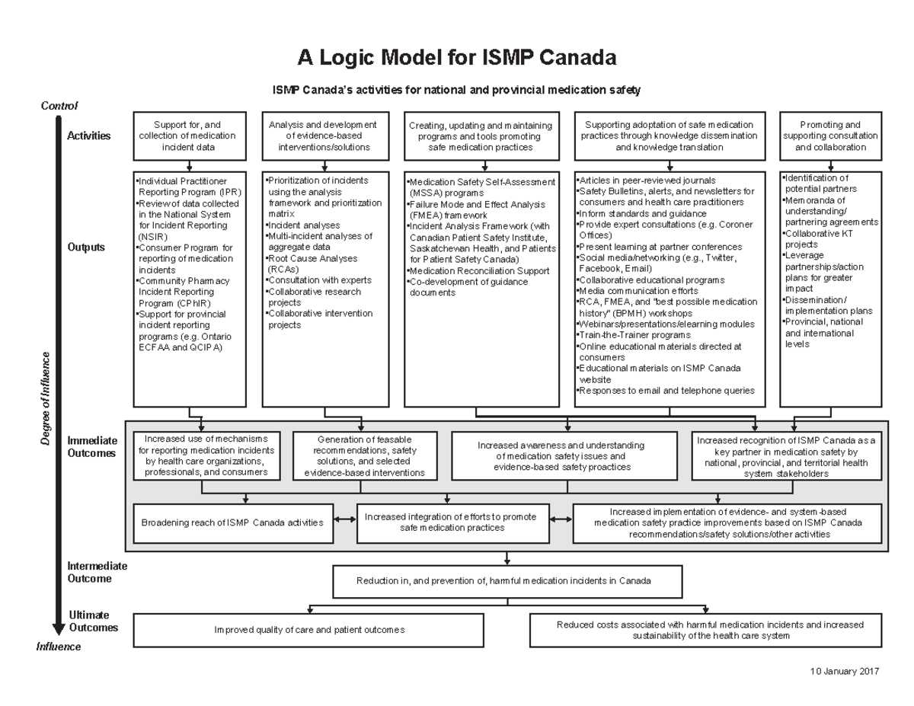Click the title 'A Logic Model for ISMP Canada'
click(456, 58)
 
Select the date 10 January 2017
click(845, 672)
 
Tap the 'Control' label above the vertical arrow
click(59, 107)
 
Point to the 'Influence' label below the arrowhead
click(59, 647)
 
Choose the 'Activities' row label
click(89, 136)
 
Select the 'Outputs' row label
click(86, 248)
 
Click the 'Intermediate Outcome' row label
click(97, 573)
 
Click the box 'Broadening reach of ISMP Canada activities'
click(232, 523)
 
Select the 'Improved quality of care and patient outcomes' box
click(308, 630)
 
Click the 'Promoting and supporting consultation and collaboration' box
click(830, 136)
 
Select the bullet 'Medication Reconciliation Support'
click(479, 271)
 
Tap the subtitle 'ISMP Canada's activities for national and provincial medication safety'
click(456, 91)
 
